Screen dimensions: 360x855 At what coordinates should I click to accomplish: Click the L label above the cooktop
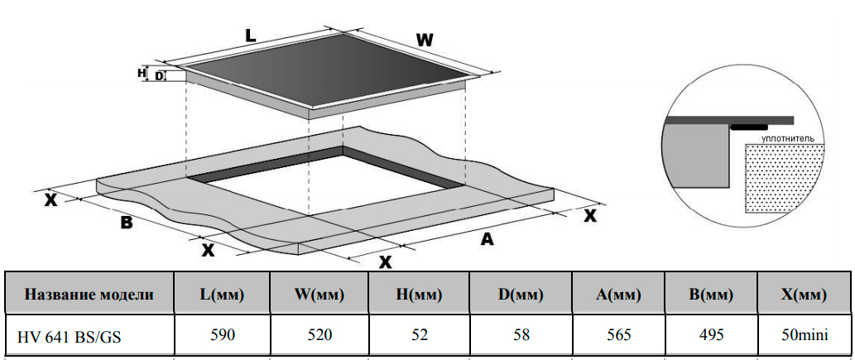pyautogui.click(x=250, y=35)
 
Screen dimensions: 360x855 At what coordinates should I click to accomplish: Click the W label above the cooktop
pyautogui.click(x=425, y=39)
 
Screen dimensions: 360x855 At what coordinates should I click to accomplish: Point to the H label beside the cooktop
pyautogui.click(x=142, y=73)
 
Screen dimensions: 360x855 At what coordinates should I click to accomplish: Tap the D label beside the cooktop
pyautogui.click(x=159, y=76)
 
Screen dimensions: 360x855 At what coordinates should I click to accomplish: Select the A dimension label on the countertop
pyautogui.click(x=488, y=239)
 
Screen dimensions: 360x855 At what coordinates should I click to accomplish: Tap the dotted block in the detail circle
pyautogui.click(x=785, y=178)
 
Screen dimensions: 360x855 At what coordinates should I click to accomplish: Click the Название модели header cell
pyautogui.click(x=89, y=294)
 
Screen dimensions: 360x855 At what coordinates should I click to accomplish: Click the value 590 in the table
pyautogui.click(x=223, y=335)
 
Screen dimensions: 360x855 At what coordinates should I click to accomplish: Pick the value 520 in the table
pyautogui.click(x=319, y=335)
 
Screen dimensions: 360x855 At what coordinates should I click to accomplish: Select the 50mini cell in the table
pyautogui.click(x=805, y=335)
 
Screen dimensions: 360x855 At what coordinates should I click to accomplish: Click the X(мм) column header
pyautogui.click(x=805, y=294)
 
